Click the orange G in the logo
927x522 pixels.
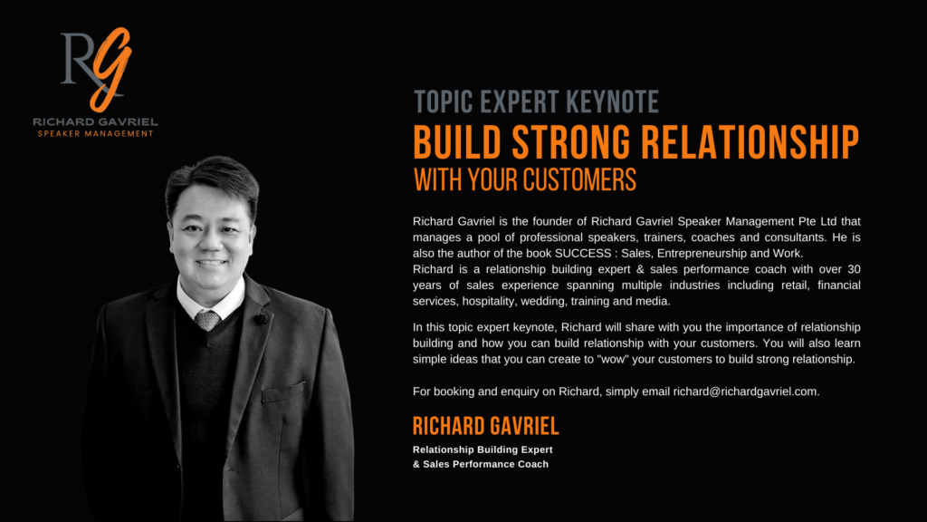[x=112, y=68]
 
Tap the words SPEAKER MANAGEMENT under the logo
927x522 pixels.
[x=96, y=134]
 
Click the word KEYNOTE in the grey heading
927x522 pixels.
[x=613, y=101]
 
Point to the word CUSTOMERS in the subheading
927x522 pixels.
[x=579, y=179]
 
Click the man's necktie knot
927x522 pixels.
[x=207, y=320]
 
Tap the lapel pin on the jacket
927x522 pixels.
[x=262, y=318]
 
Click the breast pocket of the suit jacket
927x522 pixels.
[x=283, y=391]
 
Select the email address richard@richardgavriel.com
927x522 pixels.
[x=745, y=391]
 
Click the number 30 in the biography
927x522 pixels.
[x=854, y=269]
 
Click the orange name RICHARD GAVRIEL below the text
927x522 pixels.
[x=485, y=426]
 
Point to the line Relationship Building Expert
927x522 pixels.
[x=483, y=449]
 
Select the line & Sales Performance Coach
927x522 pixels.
[x=481, y=464]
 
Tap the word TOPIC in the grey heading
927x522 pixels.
[x=444, y=101]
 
